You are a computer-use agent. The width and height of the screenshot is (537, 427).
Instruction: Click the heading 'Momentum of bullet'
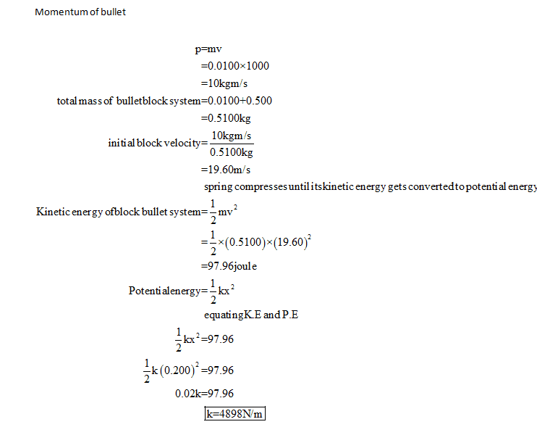(x=80, y=12)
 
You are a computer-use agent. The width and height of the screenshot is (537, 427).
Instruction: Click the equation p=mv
(x=208, y=49)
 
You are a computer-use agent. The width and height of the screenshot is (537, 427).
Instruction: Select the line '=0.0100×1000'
(x=234, y=66)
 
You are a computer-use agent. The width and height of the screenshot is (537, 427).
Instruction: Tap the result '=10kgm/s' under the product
(x=224, y=83)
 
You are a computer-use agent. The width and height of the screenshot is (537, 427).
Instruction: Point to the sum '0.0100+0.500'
(x=240, y=100)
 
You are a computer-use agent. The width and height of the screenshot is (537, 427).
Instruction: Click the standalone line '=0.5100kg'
(x=226, y=117)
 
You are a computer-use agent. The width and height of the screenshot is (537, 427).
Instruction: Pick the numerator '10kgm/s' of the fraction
(x=231, y=136)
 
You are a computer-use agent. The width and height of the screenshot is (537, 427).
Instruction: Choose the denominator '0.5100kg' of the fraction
(x=231, y=152)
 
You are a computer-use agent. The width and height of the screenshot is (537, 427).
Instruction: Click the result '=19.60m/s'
(x=226, y=170)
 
